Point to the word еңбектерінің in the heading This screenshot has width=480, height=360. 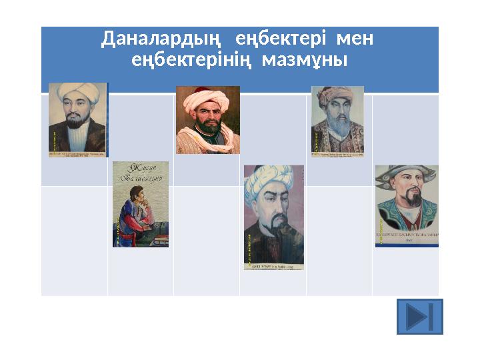pos(193,61)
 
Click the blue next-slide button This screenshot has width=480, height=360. pos(419,316)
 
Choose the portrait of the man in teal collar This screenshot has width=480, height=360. pos(407,207)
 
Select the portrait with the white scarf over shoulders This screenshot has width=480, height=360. pos(207,120)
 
